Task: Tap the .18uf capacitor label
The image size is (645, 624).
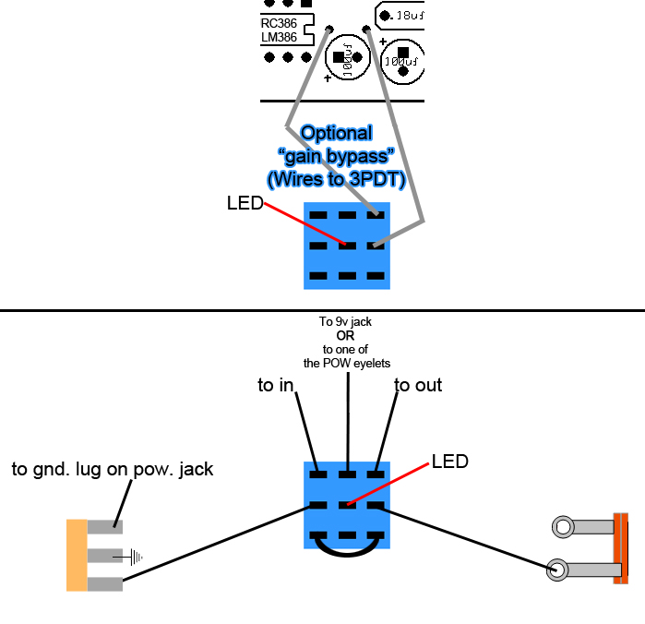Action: coord(405,15)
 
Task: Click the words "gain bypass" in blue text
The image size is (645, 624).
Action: coord(336,154)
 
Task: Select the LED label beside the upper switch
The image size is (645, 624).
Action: coord(245,202)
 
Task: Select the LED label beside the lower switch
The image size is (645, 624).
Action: coord(450,461)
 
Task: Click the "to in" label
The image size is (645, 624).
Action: coord(276,386)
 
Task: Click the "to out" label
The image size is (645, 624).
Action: coord(419,385)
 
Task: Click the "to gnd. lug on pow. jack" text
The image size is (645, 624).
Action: coord(113,469)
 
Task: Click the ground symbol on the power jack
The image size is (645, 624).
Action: coord(136,557)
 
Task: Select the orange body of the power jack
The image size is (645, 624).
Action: coord(76,555)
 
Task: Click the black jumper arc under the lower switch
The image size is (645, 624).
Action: coord(347,548)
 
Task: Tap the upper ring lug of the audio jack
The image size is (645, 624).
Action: coord(562,527)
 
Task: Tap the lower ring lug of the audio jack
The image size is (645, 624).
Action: coord(557,570)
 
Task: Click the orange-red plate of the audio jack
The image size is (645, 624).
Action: coord(621,548)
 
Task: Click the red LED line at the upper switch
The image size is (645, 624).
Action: coord(305,224)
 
